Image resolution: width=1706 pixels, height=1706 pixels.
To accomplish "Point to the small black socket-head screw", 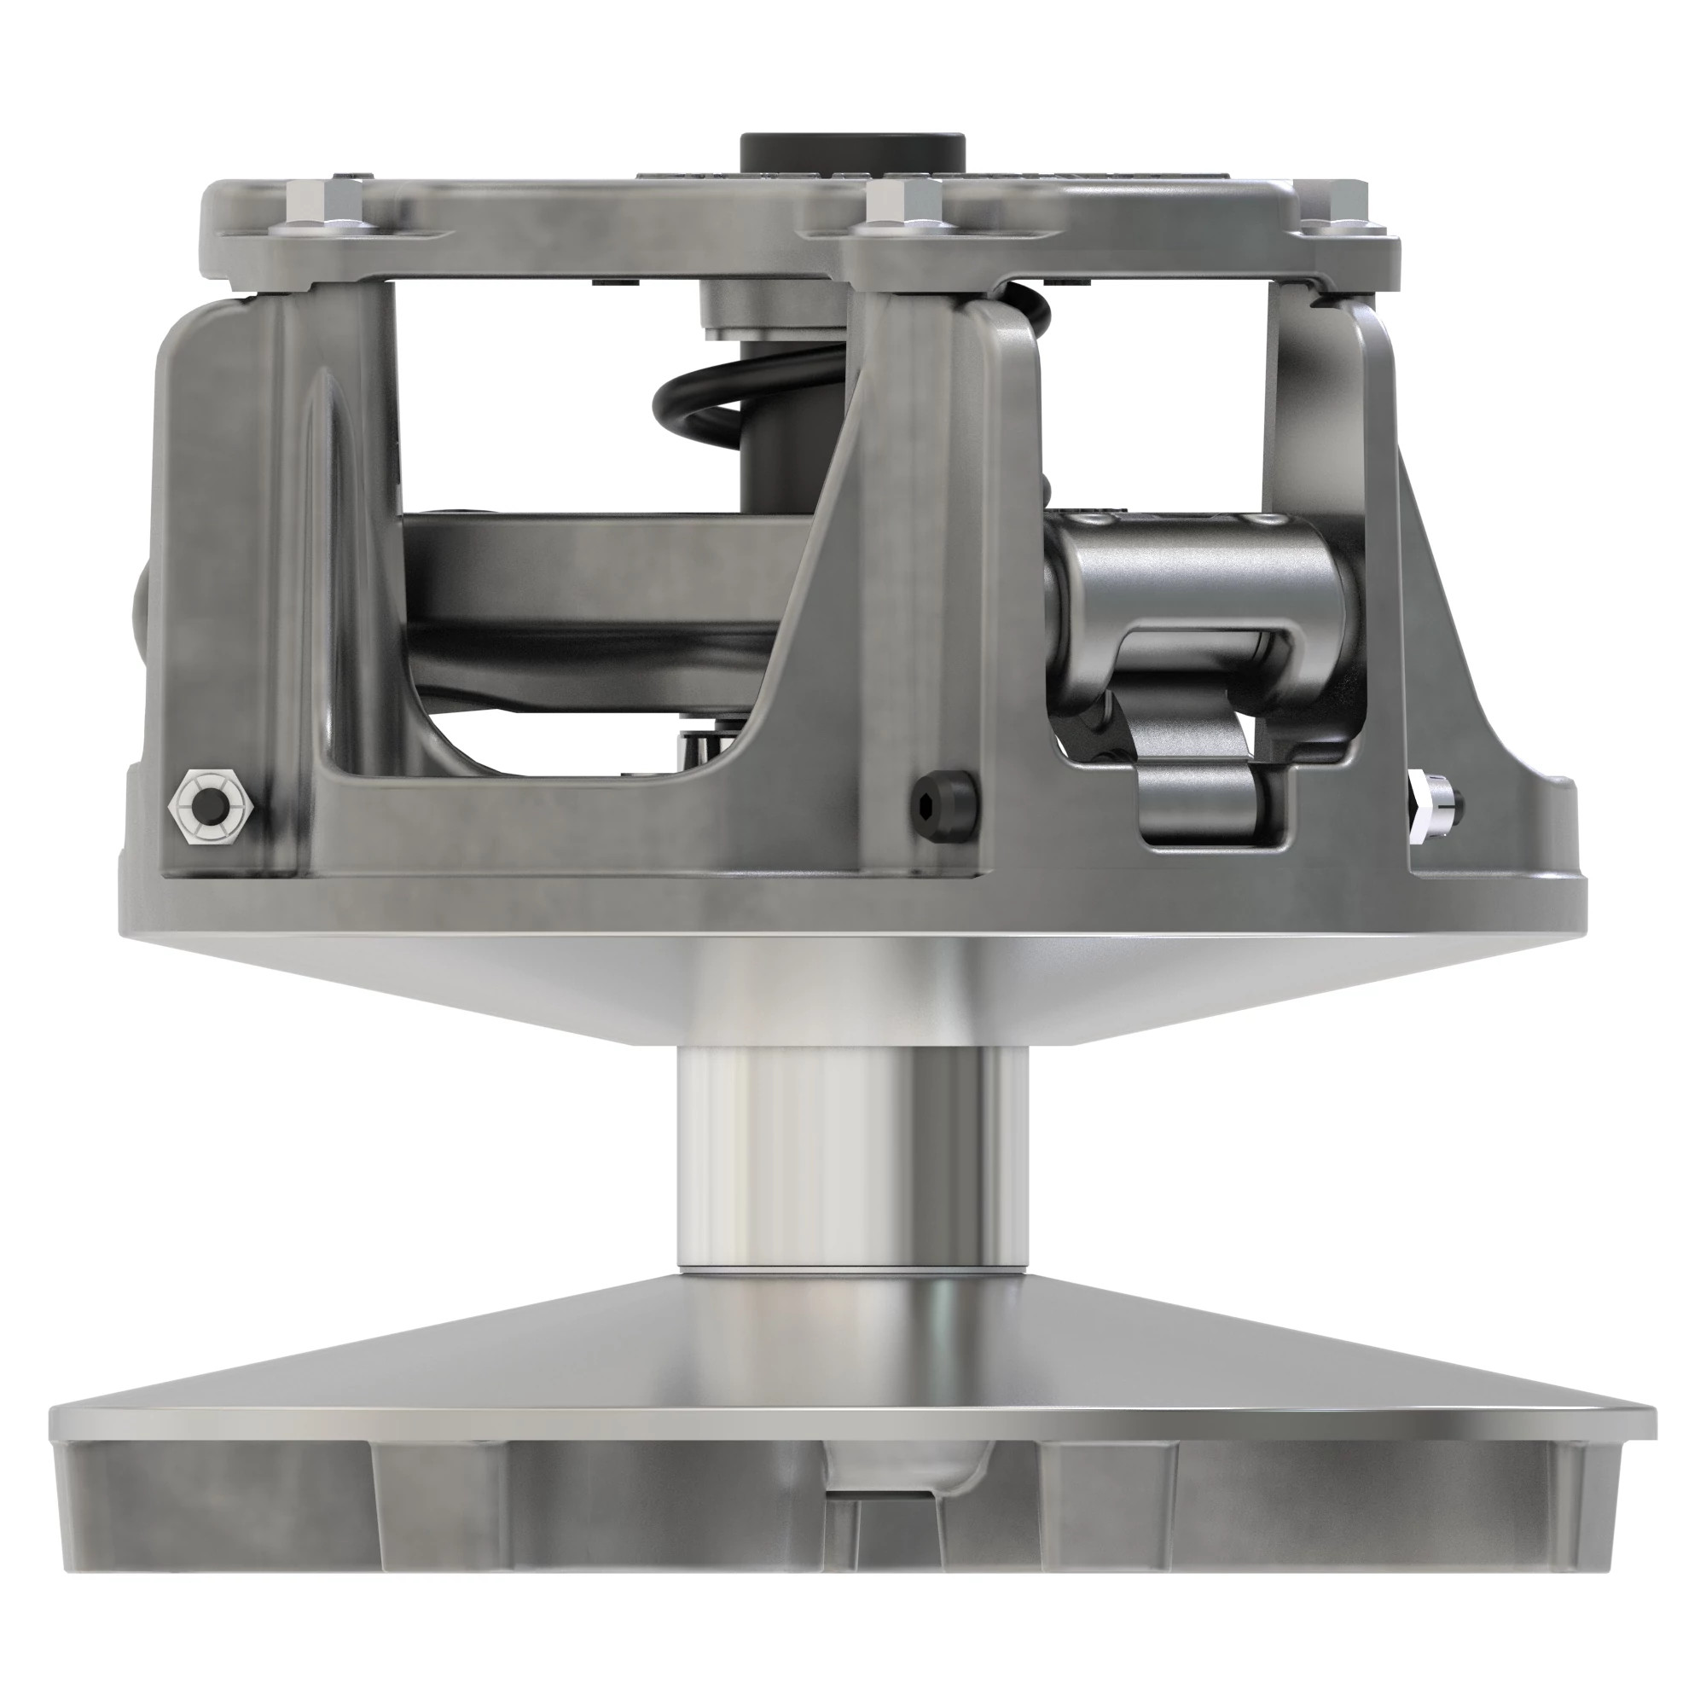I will tap(943, 803).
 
